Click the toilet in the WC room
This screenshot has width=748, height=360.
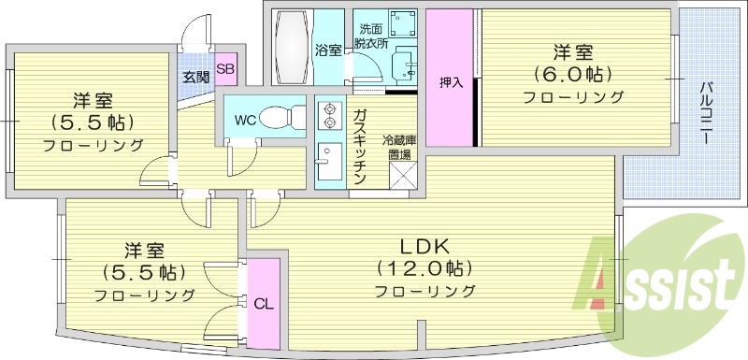pyautogui.click(x=280, y=118)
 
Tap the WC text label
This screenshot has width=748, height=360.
pyautogui.click(x=246, y=120)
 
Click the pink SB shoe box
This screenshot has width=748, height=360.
pyautogui.click(x=225, y=68)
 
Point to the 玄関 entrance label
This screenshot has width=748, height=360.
pyautogui.click(x=194, y=77)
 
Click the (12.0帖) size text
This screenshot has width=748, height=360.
pyautogui.click(x=425, y=269)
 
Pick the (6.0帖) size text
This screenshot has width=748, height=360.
pyautogui.click(x=572, y=74)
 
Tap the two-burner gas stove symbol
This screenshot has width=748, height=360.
pyautogui.click(x=329, y=116)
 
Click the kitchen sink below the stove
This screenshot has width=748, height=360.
pyautogui.click(x=328, y=164)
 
